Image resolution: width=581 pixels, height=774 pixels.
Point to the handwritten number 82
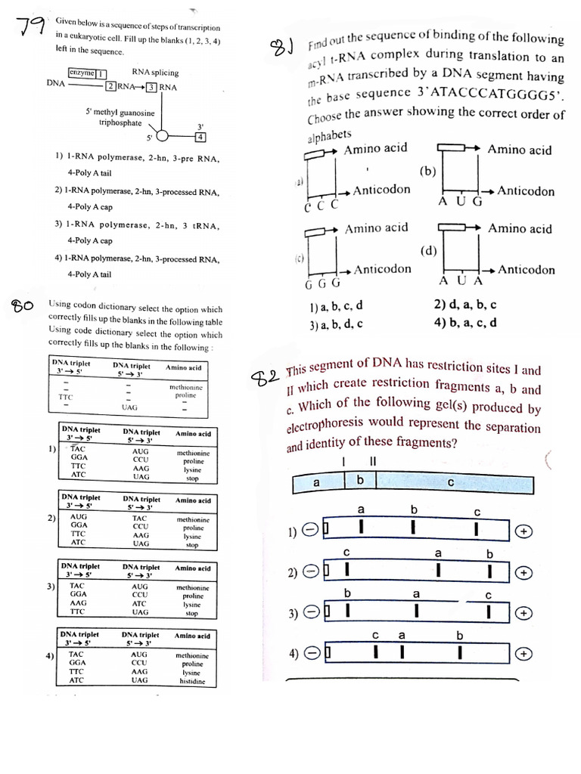coord(265,377)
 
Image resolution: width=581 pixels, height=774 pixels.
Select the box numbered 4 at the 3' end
coord(200,138)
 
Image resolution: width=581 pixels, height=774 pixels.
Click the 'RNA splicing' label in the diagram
coord(155,73)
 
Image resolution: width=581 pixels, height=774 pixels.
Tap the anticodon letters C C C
coord(321,206)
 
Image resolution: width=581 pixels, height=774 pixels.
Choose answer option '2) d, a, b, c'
coord(465,305)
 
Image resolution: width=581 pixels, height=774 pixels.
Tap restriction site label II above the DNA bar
coord(372,461)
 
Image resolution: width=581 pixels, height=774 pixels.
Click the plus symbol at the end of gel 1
coord(524,532)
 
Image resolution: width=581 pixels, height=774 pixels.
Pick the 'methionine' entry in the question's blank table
coord(186,386)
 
